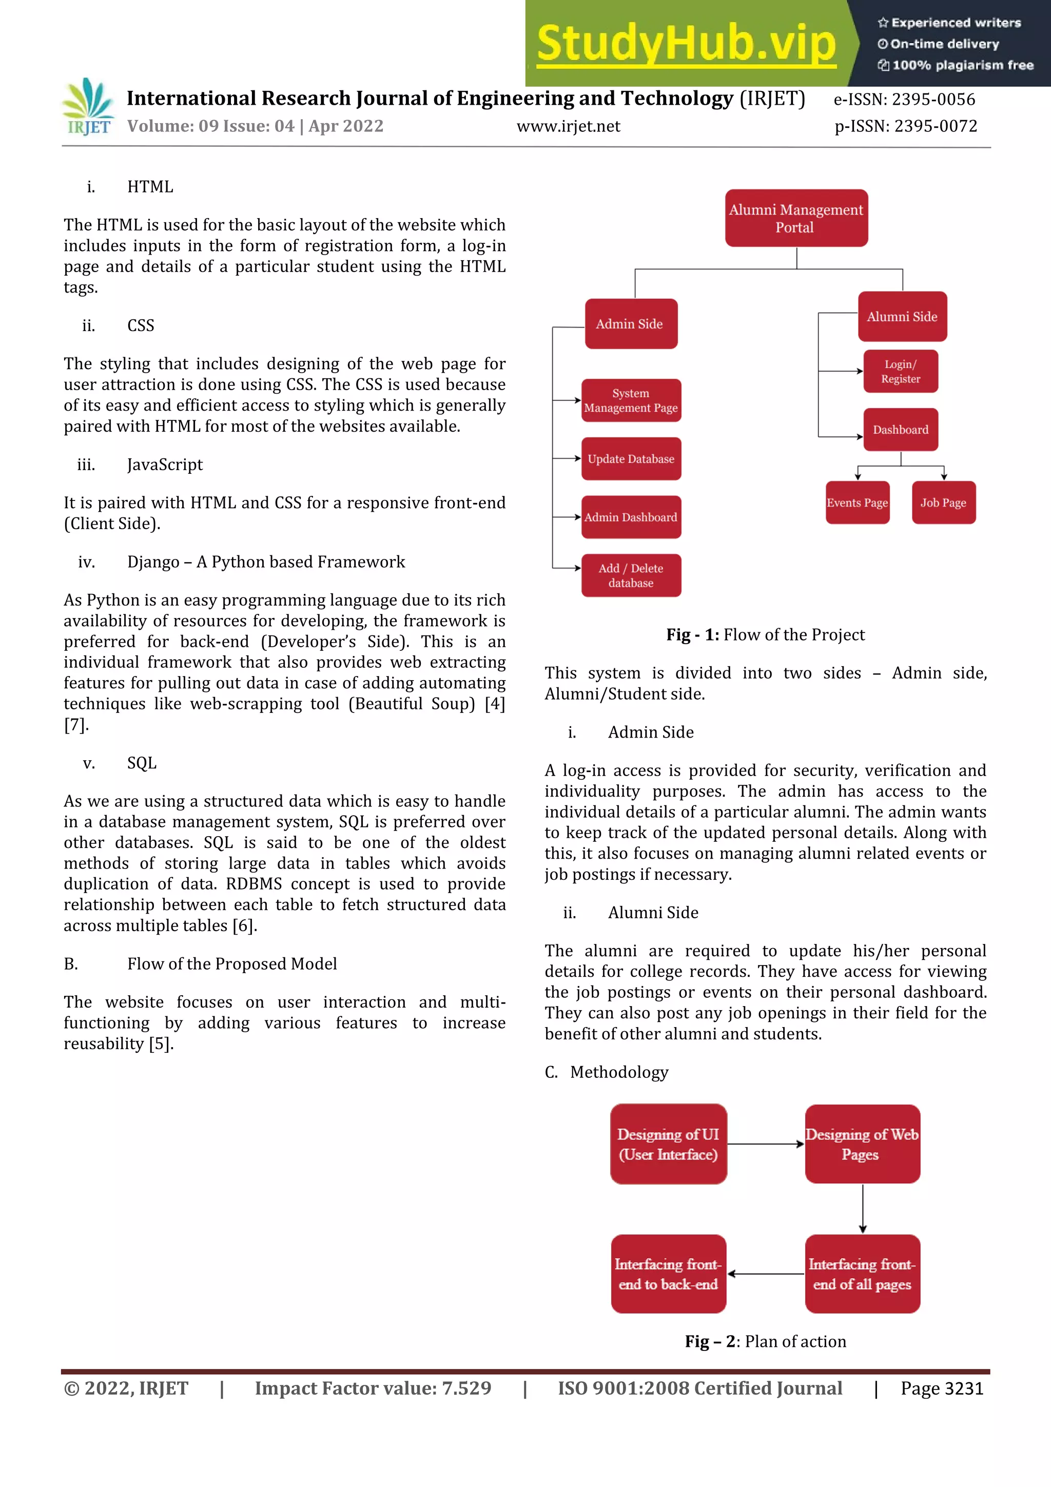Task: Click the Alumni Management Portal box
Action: (x=796, y=218)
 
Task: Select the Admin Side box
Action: (x=631, y=324)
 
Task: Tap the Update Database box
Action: (x=631, y=458)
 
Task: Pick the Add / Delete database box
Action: (x=631, y=575)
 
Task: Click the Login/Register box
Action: (x=900, y=372)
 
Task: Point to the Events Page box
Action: (x=857, y=503)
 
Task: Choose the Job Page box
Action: (x=943, y=503)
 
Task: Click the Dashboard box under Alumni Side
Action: (x=900, y=430)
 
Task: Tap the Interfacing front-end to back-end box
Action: (x=668, y=1274)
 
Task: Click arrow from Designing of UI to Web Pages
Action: (x=766, y=1144)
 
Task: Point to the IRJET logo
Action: (x=89, y=107)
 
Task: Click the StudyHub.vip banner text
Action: (x=686, y=44)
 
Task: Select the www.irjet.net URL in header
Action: (x=568, y=126)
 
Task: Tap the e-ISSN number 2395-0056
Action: (x=932, y=100)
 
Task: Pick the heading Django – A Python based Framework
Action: (x=265, y=562)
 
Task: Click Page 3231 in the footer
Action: (x=942, y=1388)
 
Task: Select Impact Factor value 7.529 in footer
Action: (x=373, y=1388)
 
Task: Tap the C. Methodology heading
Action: (x=607, y=1072)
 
